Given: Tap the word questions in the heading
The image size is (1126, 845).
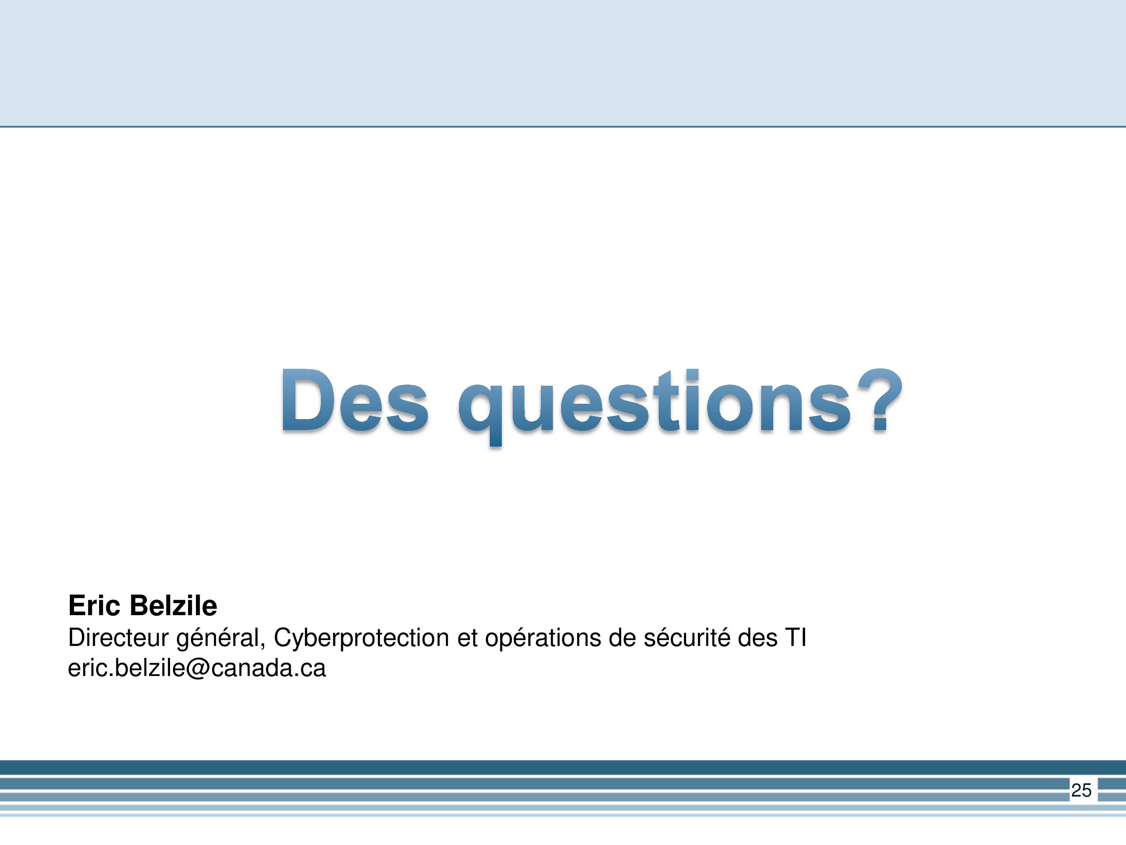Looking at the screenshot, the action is click(x=655, y=406).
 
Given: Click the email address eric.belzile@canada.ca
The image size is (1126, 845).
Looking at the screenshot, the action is click(x=197, y=668).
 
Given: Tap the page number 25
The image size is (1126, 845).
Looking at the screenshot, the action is click(x=1081, y=790).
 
